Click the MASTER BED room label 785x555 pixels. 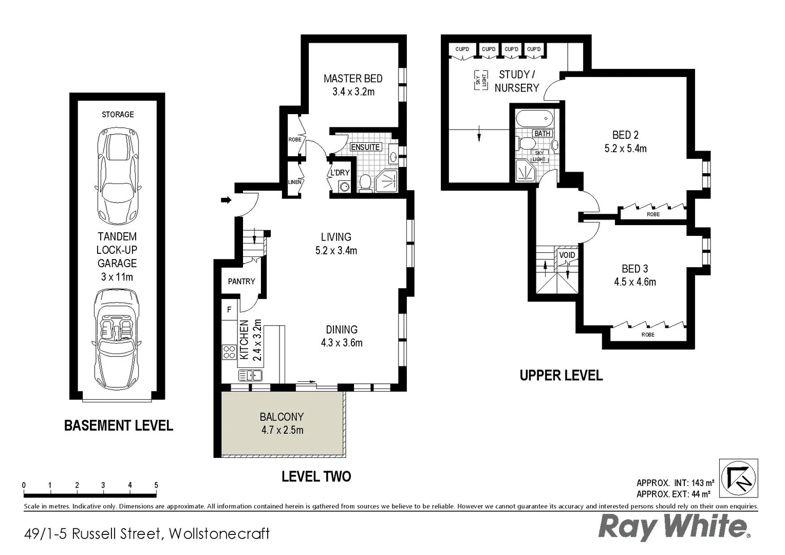coord(352,79)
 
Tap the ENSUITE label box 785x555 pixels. coord(365,147)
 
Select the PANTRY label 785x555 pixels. coord(241,281)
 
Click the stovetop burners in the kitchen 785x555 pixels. coord(229,352)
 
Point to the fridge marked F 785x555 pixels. coord(229,309)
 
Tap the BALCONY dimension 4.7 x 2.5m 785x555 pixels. coord(282,430)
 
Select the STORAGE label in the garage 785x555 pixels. coord(118,115)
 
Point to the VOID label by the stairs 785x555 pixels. coord(567,255)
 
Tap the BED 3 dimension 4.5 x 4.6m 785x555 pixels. coord(635,282)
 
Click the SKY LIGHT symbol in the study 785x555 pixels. coord(481,81)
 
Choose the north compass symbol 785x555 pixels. coord(738,478)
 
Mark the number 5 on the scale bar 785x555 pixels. coord(156,485)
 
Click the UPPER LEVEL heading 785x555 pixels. coord(561,376)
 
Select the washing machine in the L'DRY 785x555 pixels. coord(344,187)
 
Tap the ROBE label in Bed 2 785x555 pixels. coord(653,214)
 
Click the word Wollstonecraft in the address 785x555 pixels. coord(219,534)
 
